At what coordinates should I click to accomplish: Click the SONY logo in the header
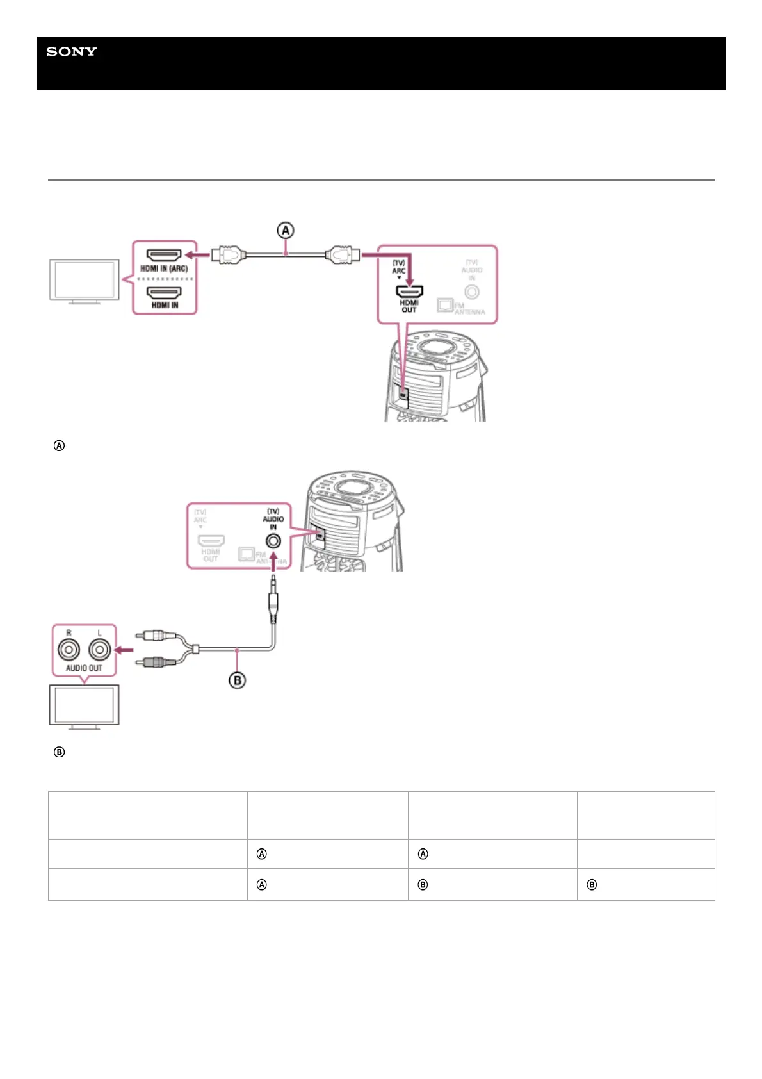point(72,52)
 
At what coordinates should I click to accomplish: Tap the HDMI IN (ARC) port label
point(164,269)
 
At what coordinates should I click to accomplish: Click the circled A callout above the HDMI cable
point(285,230)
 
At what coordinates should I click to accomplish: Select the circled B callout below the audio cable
point(237,680)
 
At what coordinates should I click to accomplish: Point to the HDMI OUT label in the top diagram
point(409,306)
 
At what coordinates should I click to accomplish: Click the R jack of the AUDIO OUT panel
point(69,650)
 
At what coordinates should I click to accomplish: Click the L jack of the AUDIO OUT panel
point(100,650)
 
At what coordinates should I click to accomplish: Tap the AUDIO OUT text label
point(84,668)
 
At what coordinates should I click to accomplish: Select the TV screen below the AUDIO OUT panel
point(84,705)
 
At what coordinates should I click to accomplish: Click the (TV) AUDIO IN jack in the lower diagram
point(273,541)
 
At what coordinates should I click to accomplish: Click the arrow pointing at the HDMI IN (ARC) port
point(202,255)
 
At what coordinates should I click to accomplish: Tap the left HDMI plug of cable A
point(229,255)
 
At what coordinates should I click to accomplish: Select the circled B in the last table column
point(592,885)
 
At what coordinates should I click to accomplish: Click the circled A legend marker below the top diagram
point(59,445)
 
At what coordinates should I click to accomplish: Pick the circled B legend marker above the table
point(59,752)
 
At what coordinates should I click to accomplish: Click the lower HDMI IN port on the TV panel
point(165,293)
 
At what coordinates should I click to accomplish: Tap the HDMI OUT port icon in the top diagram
point(409,291)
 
